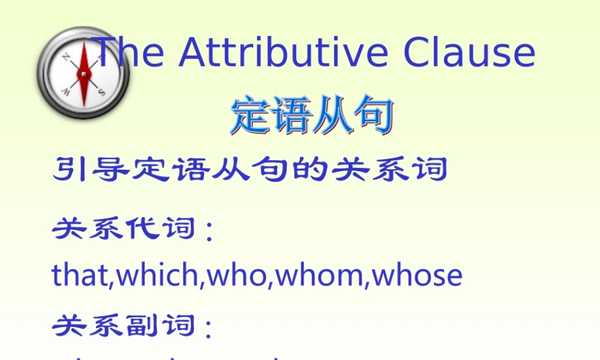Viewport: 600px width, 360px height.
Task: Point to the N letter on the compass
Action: pos(66,57)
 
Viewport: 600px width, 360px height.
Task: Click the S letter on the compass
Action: pos(101,92)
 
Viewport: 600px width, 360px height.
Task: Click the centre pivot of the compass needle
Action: pos(83,74)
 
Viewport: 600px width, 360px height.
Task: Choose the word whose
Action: pos(417,275)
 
